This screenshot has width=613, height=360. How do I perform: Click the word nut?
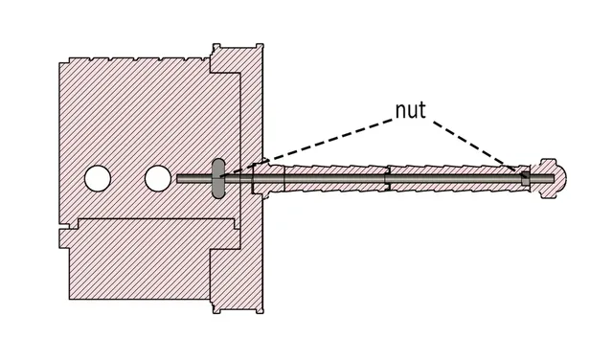click(x=411, y=110)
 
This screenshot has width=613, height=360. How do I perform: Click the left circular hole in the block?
click(x=98, y=179)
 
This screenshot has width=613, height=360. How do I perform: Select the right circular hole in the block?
click(x=158, y=179)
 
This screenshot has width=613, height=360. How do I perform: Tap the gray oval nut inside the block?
click(x=218, y=178)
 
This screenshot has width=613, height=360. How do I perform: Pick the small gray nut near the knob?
click(x=526, y=178)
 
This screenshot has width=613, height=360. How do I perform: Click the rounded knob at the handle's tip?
click(x=553, y=178)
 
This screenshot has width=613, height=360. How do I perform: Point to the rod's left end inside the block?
click(x=177, y=179)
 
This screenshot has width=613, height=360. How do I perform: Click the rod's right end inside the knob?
click(x=554, y=179)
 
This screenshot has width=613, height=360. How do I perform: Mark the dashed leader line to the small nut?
click(x=474, y=146)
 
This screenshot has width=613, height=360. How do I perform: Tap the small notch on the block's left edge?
click(x=63, y=226)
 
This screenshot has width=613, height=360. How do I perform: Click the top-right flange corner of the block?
click(x=263, y=44)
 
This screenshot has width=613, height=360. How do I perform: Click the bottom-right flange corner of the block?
click(x=263, y=313)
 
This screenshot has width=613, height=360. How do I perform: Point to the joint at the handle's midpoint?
click(x=387, y=178)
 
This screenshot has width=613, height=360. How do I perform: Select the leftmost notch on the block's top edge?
click(x=90, y=59)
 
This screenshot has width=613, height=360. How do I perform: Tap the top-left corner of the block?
click(x=59, y=62)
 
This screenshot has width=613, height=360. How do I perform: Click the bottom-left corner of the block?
click(x=70, y=300)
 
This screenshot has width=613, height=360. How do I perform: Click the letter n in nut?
click(x=400, y=112)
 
